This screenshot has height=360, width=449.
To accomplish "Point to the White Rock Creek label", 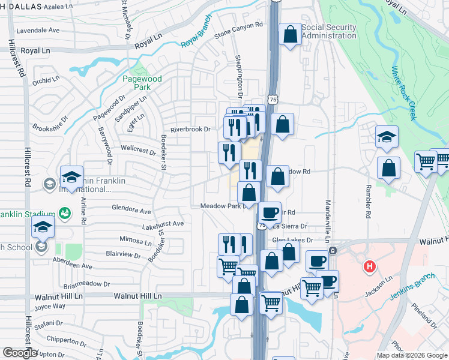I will click(403, 93).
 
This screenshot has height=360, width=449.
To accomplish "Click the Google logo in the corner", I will click(19, 352).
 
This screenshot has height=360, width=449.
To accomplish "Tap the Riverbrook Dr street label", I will click(190, 129).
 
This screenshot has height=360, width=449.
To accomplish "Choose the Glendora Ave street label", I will click(131, 211).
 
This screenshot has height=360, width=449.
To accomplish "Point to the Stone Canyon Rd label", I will click(239, 29).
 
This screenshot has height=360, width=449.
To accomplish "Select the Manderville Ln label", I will click(328, 221).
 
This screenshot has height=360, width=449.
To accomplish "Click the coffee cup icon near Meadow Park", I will click(270, 212).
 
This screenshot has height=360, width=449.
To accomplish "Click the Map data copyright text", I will click(412, 355).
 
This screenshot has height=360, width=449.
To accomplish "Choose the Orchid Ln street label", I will click(46, 79).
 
